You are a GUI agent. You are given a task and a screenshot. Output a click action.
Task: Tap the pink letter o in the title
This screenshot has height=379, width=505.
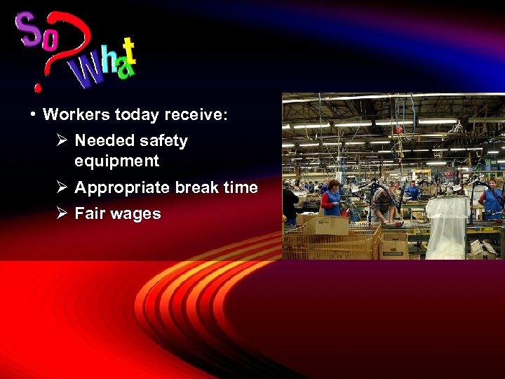(x=50, y=40)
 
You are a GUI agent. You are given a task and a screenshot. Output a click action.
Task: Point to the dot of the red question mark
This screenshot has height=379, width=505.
(x=39, y=88)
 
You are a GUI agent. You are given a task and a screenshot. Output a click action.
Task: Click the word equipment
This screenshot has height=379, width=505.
(x=116, y=161)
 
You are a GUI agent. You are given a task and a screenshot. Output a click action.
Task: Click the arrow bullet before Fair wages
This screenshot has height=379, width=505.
(x=62, y=213)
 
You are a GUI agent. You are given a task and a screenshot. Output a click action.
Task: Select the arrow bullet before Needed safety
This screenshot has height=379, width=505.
(x=62, y=140)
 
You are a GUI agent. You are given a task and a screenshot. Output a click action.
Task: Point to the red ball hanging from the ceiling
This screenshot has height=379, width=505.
(x=399, y=131)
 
